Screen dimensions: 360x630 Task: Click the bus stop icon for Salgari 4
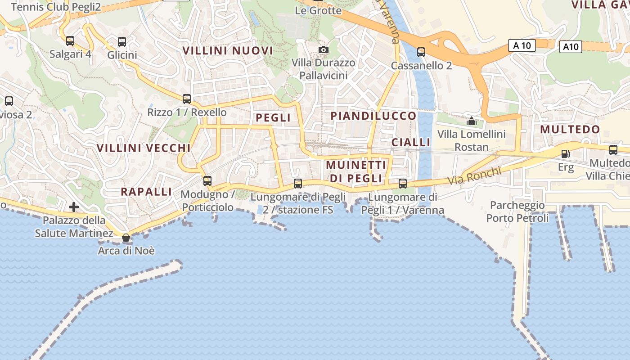pyautogui.click(x=70, y=41)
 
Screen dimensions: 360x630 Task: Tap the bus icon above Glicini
pyautogui.click(x=122, y=42)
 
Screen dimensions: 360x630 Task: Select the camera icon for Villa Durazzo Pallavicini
pyautogui.click(x=323, y=49)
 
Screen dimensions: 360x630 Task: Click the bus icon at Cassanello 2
pyautogui.click(x=421, y=52)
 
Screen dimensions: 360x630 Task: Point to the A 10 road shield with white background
pyautogui.click(x=522, y=45)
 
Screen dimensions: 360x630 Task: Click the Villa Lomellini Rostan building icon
pyautogui.click(x=471, y=121)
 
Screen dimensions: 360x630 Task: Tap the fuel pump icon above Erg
pyautogui.click(x=566, y=154)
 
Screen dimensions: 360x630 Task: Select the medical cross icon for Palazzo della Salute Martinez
pyautogui.click(x=74, y=207)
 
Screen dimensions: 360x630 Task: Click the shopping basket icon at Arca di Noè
pyautogui.click(x=126, y=238)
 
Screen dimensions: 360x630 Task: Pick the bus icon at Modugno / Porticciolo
pyautogui.click(x=207, y=181)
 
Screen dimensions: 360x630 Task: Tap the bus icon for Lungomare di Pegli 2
pyautogui.click(x=298, y=184)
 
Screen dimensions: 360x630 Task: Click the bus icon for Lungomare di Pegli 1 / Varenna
pyautogui.click(x=403, y=184)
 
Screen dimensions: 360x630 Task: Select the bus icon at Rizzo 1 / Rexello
pyautogui.click(x=187, y=99)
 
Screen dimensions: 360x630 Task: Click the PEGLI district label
pyautogui.click(x=273, y=118)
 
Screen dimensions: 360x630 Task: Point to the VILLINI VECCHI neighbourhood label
pyautogui.click(x=144, y=148)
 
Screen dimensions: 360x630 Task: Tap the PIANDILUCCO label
pyautogui.click(x=373, y=116)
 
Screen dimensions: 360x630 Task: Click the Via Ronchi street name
pyautogui.click(x=474, y=176)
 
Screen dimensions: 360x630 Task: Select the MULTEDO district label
pyautogui.click(x=570, y=130)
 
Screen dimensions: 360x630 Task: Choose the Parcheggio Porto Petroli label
pyautogui.click(x=517, y=212)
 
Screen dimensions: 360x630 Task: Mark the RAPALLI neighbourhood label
pyautogui.click(x=146, y=192)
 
